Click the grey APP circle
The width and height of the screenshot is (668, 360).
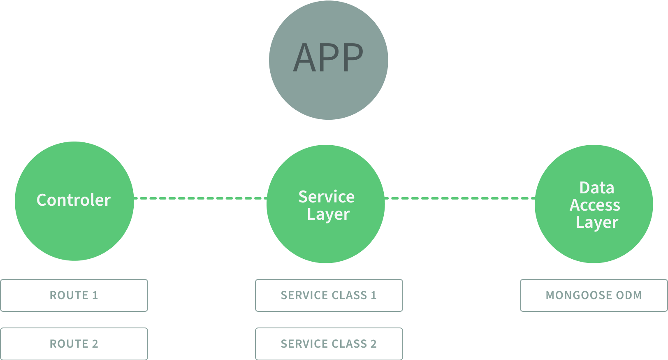point(328,60)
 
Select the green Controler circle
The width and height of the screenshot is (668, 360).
point(74,201)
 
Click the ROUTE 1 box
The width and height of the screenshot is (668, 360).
point(74,295)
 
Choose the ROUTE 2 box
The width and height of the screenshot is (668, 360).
point(74,344)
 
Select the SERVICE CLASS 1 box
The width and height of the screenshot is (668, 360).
point(329,295)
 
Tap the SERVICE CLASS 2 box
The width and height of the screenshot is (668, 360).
point(329,344)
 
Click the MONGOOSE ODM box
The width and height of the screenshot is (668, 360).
point(594,295)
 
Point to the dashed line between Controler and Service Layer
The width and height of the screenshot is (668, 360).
point(200,198)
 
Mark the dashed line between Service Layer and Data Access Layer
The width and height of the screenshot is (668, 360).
point(459,198)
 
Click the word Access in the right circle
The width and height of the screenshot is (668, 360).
point(595,205)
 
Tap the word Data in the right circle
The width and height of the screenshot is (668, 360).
point(596,188)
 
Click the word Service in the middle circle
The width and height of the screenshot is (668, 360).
point(326,197)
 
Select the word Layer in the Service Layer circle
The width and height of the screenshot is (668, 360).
point(328,214)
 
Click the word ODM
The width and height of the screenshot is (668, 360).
point(629,295)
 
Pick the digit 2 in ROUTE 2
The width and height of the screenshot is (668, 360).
point(95,344)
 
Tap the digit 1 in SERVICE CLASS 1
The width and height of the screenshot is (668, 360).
point(373,295)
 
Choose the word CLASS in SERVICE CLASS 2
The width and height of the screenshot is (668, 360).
point(349,344)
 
